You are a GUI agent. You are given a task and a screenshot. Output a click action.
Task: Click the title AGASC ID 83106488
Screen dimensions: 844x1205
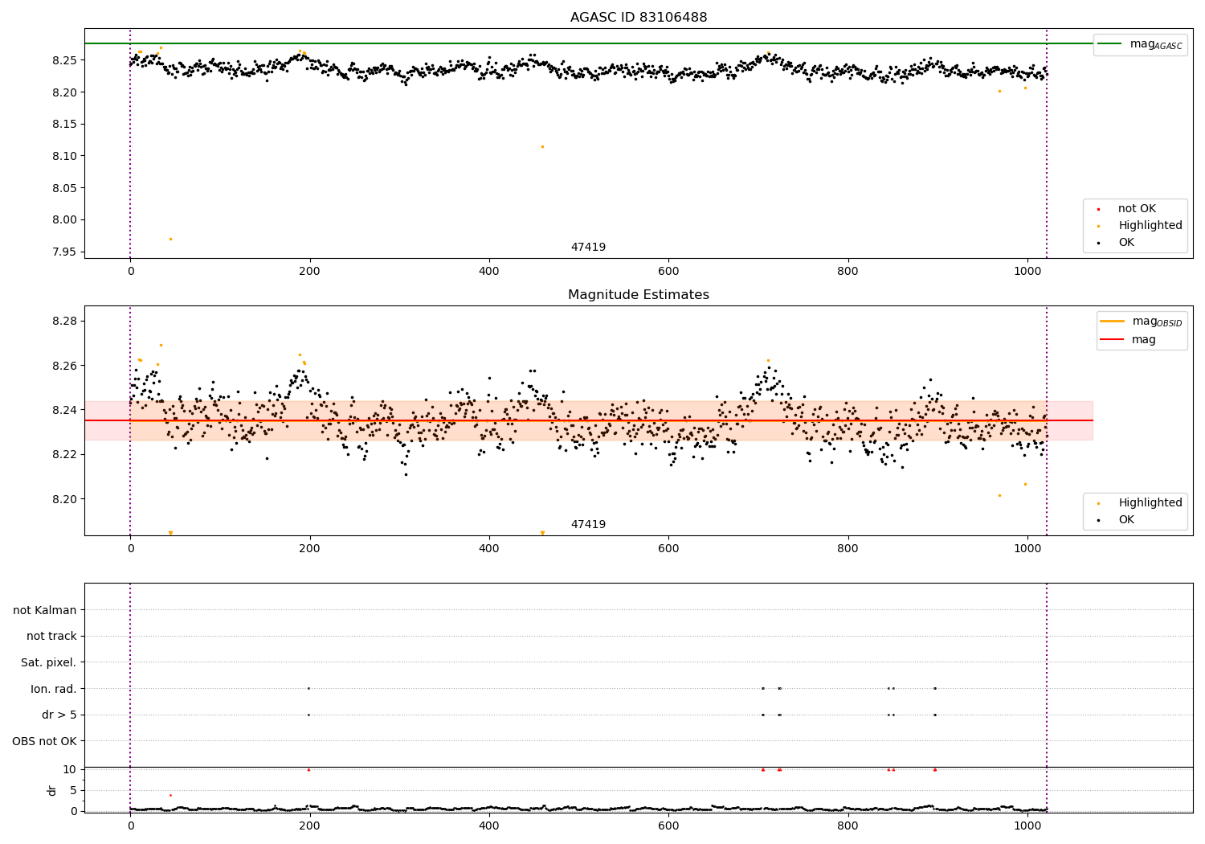point(639,18)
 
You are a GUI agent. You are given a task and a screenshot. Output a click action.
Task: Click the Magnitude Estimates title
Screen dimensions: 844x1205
point(639,295)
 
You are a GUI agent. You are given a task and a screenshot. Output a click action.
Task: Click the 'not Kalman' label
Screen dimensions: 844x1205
point(45,610)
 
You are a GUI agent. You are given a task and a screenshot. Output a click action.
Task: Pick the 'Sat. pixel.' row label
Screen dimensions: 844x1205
point(48,662)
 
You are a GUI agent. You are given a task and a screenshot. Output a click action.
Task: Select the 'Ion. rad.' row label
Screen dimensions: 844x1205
point(54,689)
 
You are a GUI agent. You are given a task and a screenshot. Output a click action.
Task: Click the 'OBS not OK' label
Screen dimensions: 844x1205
point(44,741)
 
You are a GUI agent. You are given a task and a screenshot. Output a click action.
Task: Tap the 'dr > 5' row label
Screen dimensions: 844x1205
point(59,715)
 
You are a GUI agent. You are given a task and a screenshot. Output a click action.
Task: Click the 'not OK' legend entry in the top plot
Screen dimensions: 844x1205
point(1137,209)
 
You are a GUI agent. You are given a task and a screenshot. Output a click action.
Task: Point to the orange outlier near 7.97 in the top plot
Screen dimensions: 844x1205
point(170,239)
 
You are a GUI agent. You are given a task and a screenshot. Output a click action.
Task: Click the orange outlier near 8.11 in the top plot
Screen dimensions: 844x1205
point(542,146)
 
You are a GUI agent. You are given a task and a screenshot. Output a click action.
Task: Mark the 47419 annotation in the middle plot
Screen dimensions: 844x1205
point(588,524)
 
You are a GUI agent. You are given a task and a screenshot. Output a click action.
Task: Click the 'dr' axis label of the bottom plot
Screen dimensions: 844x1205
point(52,790)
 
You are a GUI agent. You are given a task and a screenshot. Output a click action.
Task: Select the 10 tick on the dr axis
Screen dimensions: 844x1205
point(70,769)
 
